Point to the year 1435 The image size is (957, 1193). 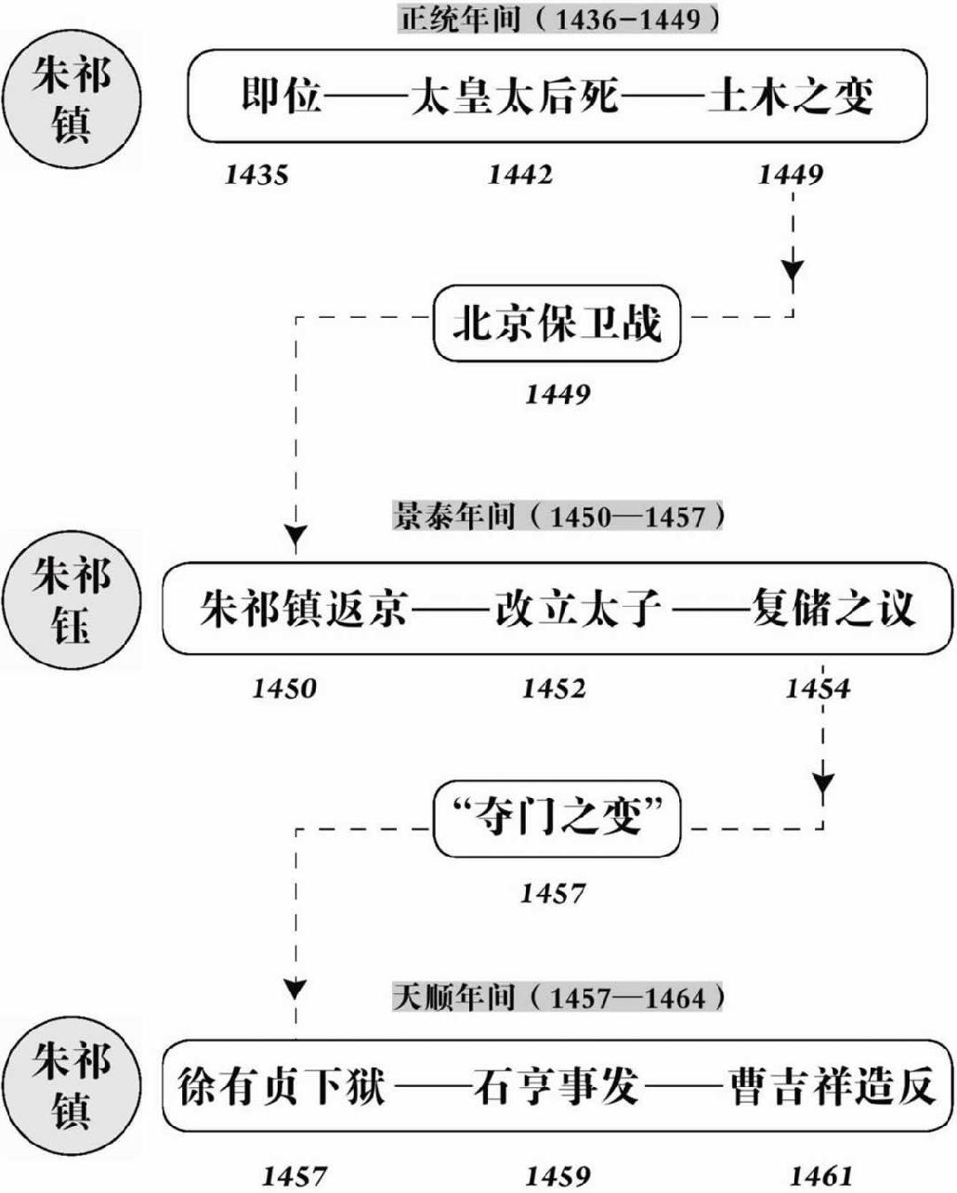[x=256, y=175]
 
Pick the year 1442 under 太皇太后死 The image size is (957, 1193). [x=520, y=175]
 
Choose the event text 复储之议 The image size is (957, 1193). [x=833, y=610]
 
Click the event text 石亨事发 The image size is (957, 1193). [x=556, y=1086]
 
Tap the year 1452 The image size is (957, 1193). [x=555, y=688]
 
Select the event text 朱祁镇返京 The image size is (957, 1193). [x=304, y=610]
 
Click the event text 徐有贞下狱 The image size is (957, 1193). [x=281, y=1086]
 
